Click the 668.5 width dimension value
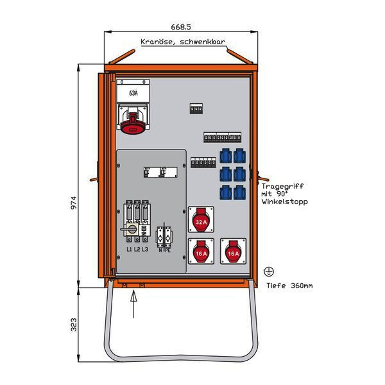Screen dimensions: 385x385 pos(182,27)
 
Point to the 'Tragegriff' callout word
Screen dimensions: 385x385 pos(282,186)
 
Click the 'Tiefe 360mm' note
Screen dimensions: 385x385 pos(288,285)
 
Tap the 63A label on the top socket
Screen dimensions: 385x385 pos(133,94)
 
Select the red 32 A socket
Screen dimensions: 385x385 pos(200,222)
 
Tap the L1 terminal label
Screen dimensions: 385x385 pos(129,249)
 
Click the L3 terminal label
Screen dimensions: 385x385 pos(146,249)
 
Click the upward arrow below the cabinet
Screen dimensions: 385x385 pos(133,302)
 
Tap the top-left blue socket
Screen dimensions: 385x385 pos(225,155)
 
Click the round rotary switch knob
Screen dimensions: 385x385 pos(131,228)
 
